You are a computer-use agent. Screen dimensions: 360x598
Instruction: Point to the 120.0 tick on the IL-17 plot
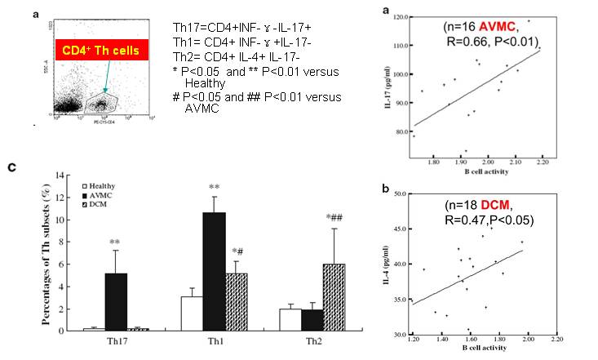(x=398, y=16)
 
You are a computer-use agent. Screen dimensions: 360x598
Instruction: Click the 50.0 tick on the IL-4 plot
(x=398, y=193)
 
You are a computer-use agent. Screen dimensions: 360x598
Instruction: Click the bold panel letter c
(x=11, y=167)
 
